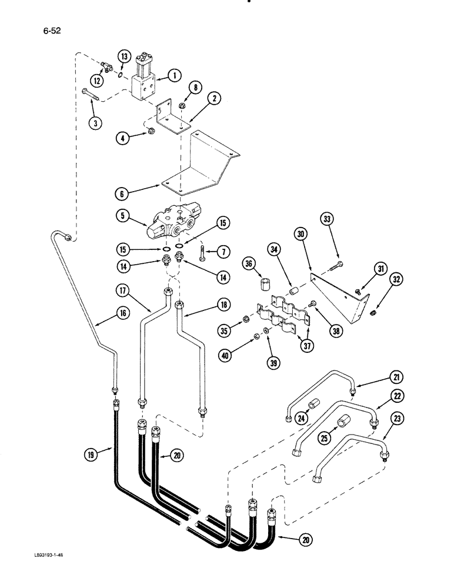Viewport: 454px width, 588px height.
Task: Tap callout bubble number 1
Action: coord(173,75)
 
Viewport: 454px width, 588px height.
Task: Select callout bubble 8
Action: coord(195,88)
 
